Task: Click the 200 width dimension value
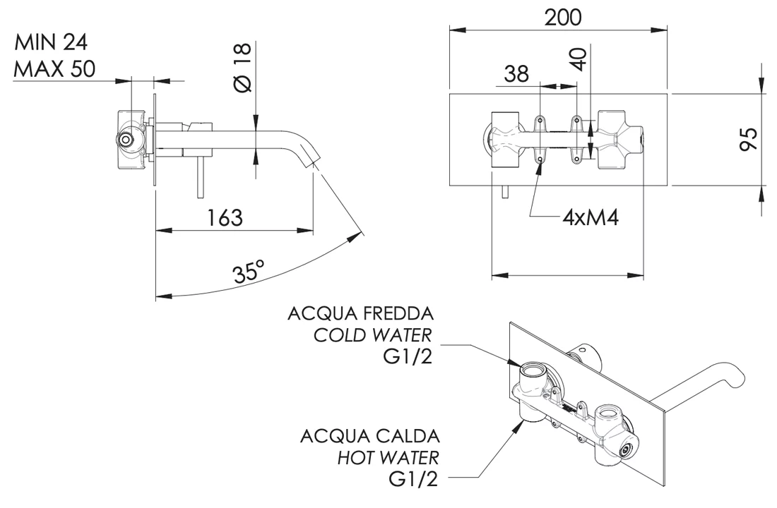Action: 562,17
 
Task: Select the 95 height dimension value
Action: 749,139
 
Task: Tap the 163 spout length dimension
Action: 225,217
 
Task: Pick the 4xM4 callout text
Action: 591,217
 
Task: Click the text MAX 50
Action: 56,69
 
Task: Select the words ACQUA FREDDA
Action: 360,313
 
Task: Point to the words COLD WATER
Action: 373,334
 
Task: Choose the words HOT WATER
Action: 388,456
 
